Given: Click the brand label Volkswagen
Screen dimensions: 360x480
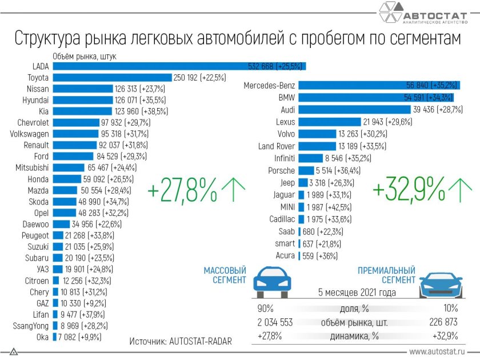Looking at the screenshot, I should tap(30, 133).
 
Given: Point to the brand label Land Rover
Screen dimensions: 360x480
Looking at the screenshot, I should tap(277, 146).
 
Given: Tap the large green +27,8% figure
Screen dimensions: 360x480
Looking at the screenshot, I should tap(182, 190).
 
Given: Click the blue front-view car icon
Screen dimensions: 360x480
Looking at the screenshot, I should tap(269, 281).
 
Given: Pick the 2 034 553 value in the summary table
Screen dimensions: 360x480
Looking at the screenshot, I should tap(275, 322).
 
